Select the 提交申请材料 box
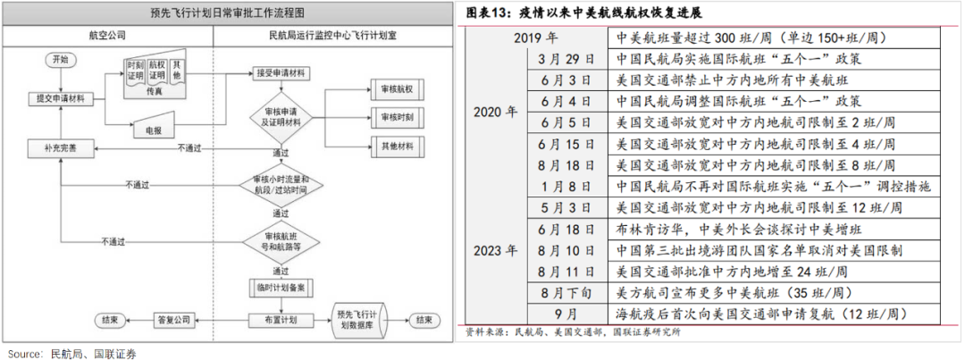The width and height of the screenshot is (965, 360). coord(60,97)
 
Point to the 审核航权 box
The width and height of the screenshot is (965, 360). coord(399,89)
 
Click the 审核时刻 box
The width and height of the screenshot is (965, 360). coord(399,116)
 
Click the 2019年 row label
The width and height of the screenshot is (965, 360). coord(536,39)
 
